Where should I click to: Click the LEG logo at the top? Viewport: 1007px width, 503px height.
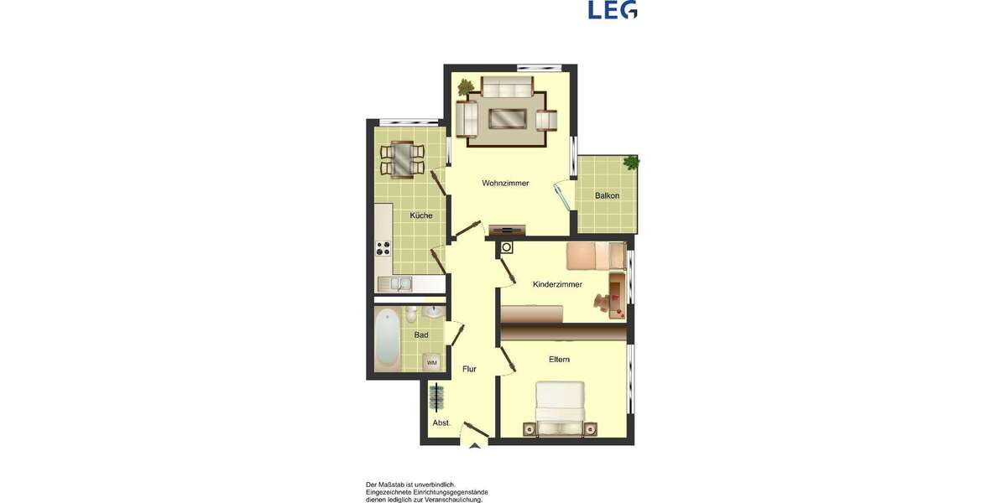point(613,9)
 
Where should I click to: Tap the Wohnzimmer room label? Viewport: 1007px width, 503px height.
point(505,183)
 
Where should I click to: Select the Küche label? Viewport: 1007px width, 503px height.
point(421,215)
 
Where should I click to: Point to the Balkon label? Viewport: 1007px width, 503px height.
point(607,196)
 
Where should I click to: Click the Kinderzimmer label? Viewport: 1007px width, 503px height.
point(557,285)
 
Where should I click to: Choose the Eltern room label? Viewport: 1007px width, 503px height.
point(559,360)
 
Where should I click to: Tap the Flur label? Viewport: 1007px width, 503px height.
point(469,369)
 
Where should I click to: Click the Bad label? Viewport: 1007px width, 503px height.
point(421,335)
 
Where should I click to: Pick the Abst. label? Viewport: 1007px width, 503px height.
point(441,423)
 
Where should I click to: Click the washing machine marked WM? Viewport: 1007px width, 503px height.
point(432,362)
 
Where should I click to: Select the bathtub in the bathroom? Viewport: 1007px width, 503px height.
point(387,337)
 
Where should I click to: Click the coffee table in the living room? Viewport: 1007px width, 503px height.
point(509,118)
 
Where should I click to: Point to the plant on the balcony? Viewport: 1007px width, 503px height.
point(630,162)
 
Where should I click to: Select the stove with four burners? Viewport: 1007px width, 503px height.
point(383,248)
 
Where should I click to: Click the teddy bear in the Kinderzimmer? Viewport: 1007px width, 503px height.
point(603,305)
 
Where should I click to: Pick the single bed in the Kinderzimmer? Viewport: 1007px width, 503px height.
point(595,256)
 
